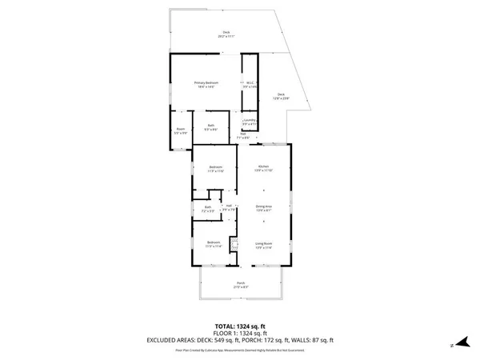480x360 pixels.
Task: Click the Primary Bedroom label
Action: pos(206,84)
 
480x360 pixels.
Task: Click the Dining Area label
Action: pos(264,206)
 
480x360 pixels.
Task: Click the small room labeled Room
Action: pos(180,131)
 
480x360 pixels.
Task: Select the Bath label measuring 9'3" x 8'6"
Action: pos(210,126)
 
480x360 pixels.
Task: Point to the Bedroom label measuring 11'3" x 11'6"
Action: pos(215,168)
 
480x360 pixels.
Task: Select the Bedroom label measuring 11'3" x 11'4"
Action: pos(212,243)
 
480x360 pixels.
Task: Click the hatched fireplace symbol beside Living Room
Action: pos(234,245)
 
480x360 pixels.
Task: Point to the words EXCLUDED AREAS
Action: pos(171,340)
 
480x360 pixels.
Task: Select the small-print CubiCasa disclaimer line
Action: pos(240,350)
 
